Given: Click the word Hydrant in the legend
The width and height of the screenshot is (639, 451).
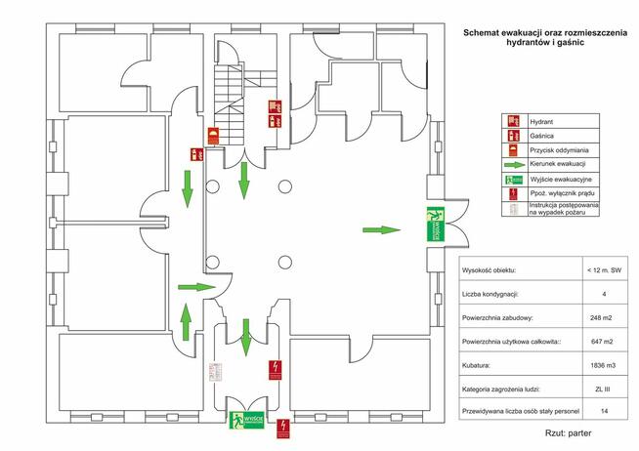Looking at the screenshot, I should [540, 122].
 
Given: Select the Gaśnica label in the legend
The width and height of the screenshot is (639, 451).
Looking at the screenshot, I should [540, 137].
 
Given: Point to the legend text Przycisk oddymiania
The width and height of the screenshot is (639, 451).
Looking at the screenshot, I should [559, 150].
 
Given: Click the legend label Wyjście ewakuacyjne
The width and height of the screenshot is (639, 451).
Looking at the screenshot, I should [559, 180].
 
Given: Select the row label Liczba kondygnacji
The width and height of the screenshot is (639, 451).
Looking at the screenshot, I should [496, 293].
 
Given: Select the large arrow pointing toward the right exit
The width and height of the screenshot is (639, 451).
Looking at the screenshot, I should [381, 230].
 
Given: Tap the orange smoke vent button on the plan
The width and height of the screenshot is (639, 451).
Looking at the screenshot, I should [213, 136].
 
